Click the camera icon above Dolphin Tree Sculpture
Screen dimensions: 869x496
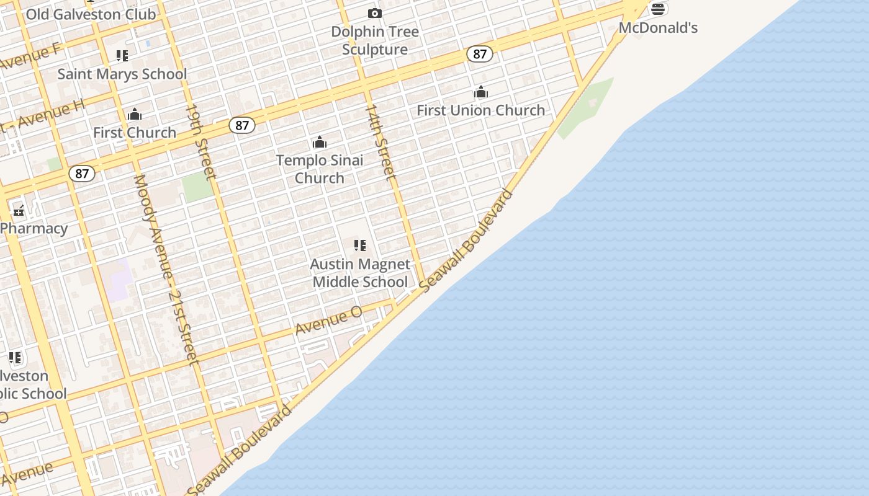pyautogui.click(x=374, y=13)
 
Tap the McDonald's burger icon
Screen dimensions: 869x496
pyautogui.click(x=658, y=9)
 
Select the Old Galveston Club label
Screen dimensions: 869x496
pyautogui.click(x=91, y=14)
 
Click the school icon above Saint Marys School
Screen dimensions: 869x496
pyautogui.click(x=122, y=56)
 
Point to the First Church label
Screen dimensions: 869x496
pyautogui.click(x=135, y=133)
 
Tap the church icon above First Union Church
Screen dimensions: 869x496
pyautogui.click(x=481, y=93)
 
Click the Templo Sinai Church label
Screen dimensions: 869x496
pyautogui.click(x=320, y=169)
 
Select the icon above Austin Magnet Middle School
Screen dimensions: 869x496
pyautogui.click(x=360, y=246)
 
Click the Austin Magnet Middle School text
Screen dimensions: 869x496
pyautogui.click(x=360, y=273)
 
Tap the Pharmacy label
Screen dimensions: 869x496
pyautogui.click(x=34, y=228)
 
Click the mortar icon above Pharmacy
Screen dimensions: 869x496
pyautogui.click(x=19, y=211)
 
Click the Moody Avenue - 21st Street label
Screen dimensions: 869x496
pyautogui.click(x=165, y=269)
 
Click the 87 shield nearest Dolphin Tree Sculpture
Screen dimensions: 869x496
pyautogui.click(x=480, y=54)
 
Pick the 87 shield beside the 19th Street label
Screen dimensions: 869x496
pyautogui.click(x=242, y=125)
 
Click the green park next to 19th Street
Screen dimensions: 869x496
pyautogui.click(x=197, y=187)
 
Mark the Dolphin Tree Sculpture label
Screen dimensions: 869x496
pyautogui.click(x=375, y=40)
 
